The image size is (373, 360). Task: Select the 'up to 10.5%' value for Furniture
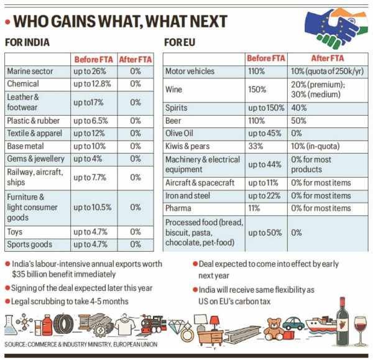click(93, 208)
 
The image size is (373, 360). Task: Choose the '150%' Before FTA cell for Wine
click(256, 90)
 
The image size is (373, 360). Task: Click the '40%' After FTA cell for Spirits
click(300, 108)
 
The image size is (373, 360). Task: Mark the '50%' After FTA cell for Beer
click(300, 120)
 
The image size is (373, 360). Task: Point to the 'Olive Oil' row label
click(182, 133)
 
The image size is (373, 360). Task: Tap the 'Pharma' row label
click(180, 208)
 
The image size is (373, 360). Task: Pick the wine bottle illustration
click(342, 319)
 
